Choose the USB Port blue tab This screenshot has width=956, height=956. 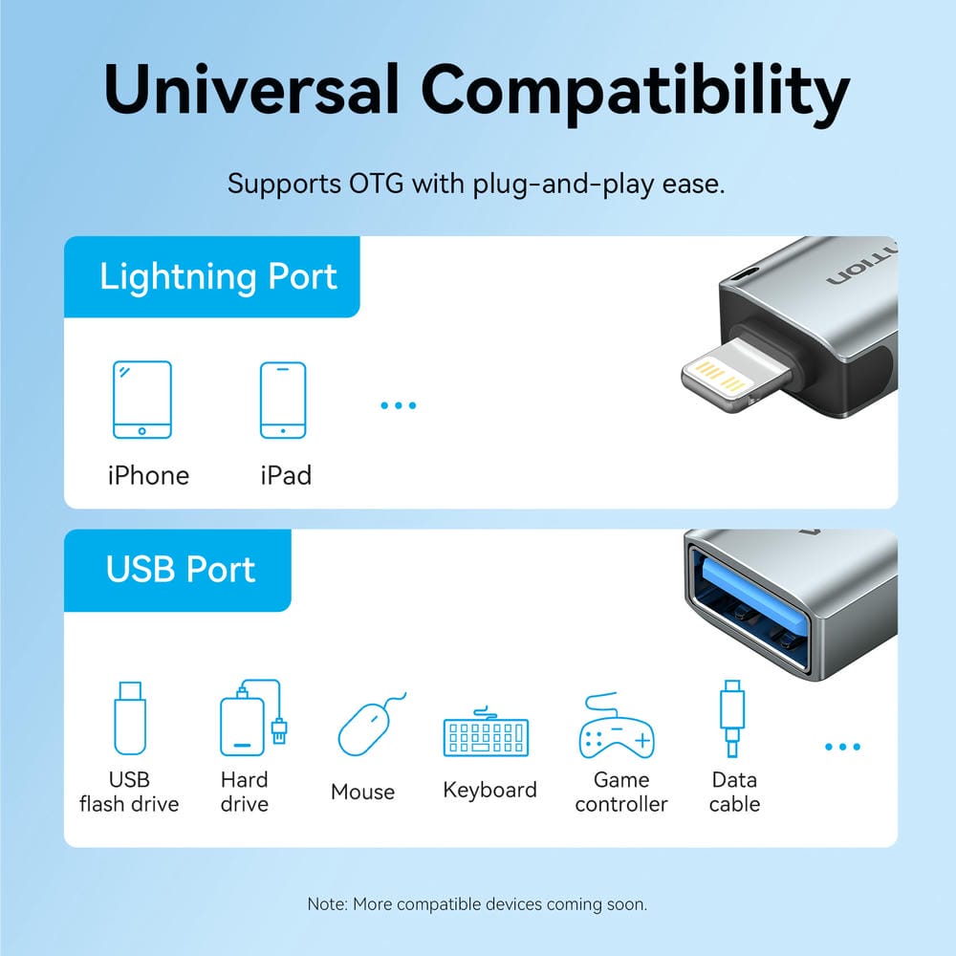point(181,570)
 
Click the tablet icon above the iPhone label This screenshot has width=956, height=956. point(142,400)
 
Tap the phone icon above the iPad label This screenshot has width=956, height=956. point(283,400)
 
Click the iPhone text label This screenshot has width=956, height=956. point(148,475)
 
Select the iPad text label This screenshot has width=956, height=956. point(286,475)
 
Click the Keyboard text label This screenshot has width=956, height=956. point(490,791)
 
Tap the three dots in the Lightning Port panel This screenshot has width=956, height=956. point(399,405)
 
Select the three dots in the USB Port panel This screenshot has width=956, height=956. point(842,747)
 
